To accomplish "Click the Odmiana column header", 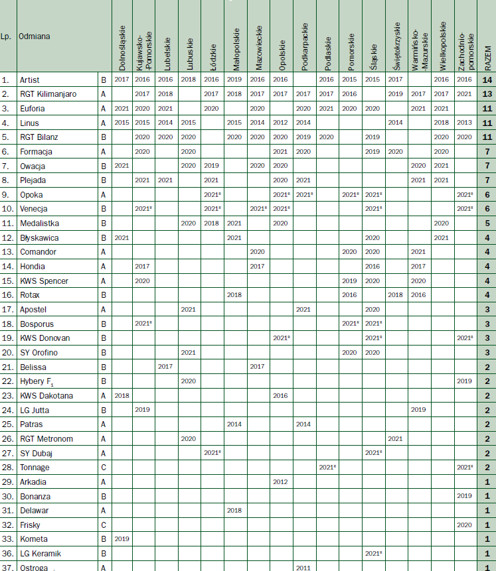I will [x=34, y=36].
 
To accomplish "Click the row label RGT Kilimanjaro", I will [x=48, y=94].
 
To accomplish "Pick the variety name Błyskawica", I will [x=41, y=237].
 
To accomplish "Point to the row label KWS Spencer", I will [x=44, y=281].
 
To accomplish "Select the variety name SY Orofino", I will [x=41, y=352].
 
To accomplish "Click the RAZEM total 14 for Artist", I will [x=487, y=80].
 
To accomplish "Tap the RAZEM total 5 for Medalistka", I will [x=487, y=223].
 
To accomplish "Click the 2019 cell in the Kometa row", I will [x=122, y=539].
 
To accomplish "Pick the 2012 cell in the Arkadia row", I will [x=280, y=481].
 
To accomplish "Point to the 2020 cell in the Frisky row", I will [x=464, y=525].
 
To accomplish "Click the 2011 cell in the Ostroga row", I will [x=303, y=568].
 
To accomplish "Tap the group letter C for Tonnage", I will [x=103, y=467].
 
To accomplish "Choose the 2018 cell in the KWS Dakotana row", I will [x=122, y=395].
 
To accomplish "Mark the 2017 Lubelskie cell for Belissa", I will [x=165, y=367].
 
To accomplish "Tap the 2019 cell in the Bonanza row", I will [x=464, y=496].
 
